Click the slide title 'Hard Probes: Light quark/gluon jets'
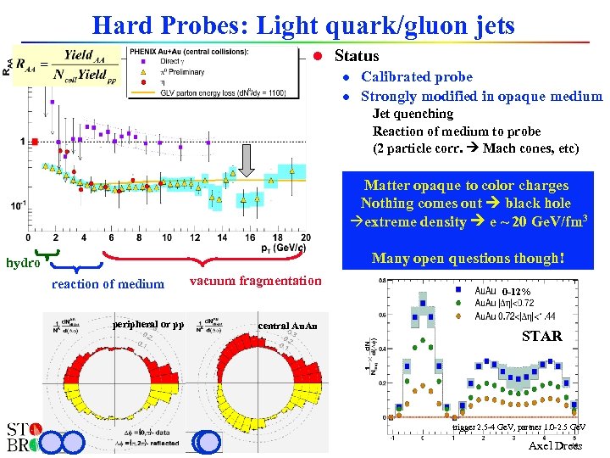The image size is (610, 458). pyautogui.click(x=303, y=25)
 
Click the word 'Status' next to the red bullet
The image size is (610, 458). pyautogui.click(x=357, y=56)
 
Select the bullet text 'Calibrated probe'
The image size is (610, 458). pyautogui.click(x=417, y=76)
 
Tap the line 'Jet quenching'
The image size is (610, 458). pyautogui.click(x=413, y=114)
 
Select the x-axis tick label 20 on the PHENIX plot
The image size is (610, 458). pyautogui.click(x=304, y=237)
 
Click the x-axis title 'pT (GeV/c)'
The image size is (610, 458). pyautogui.click(x=283, y=248)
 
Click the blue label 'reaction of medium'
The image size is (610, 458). pyautogui.click(x=108, y=284)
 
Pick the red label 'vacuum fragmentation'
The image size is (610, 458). pyautogui.click(x=255, y=281)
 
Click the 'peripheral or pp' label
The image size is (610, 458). pyautogui.click(x=147, y=324)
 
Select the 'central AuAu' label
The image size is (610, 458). pyautogui.click(x=287, y=326)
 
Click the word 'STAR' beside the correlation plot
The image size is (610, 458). pyautogui.click(x=541, y=336)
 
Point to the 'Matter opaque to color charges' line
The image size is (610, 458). pyautogui.click(x=466, y=185)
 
